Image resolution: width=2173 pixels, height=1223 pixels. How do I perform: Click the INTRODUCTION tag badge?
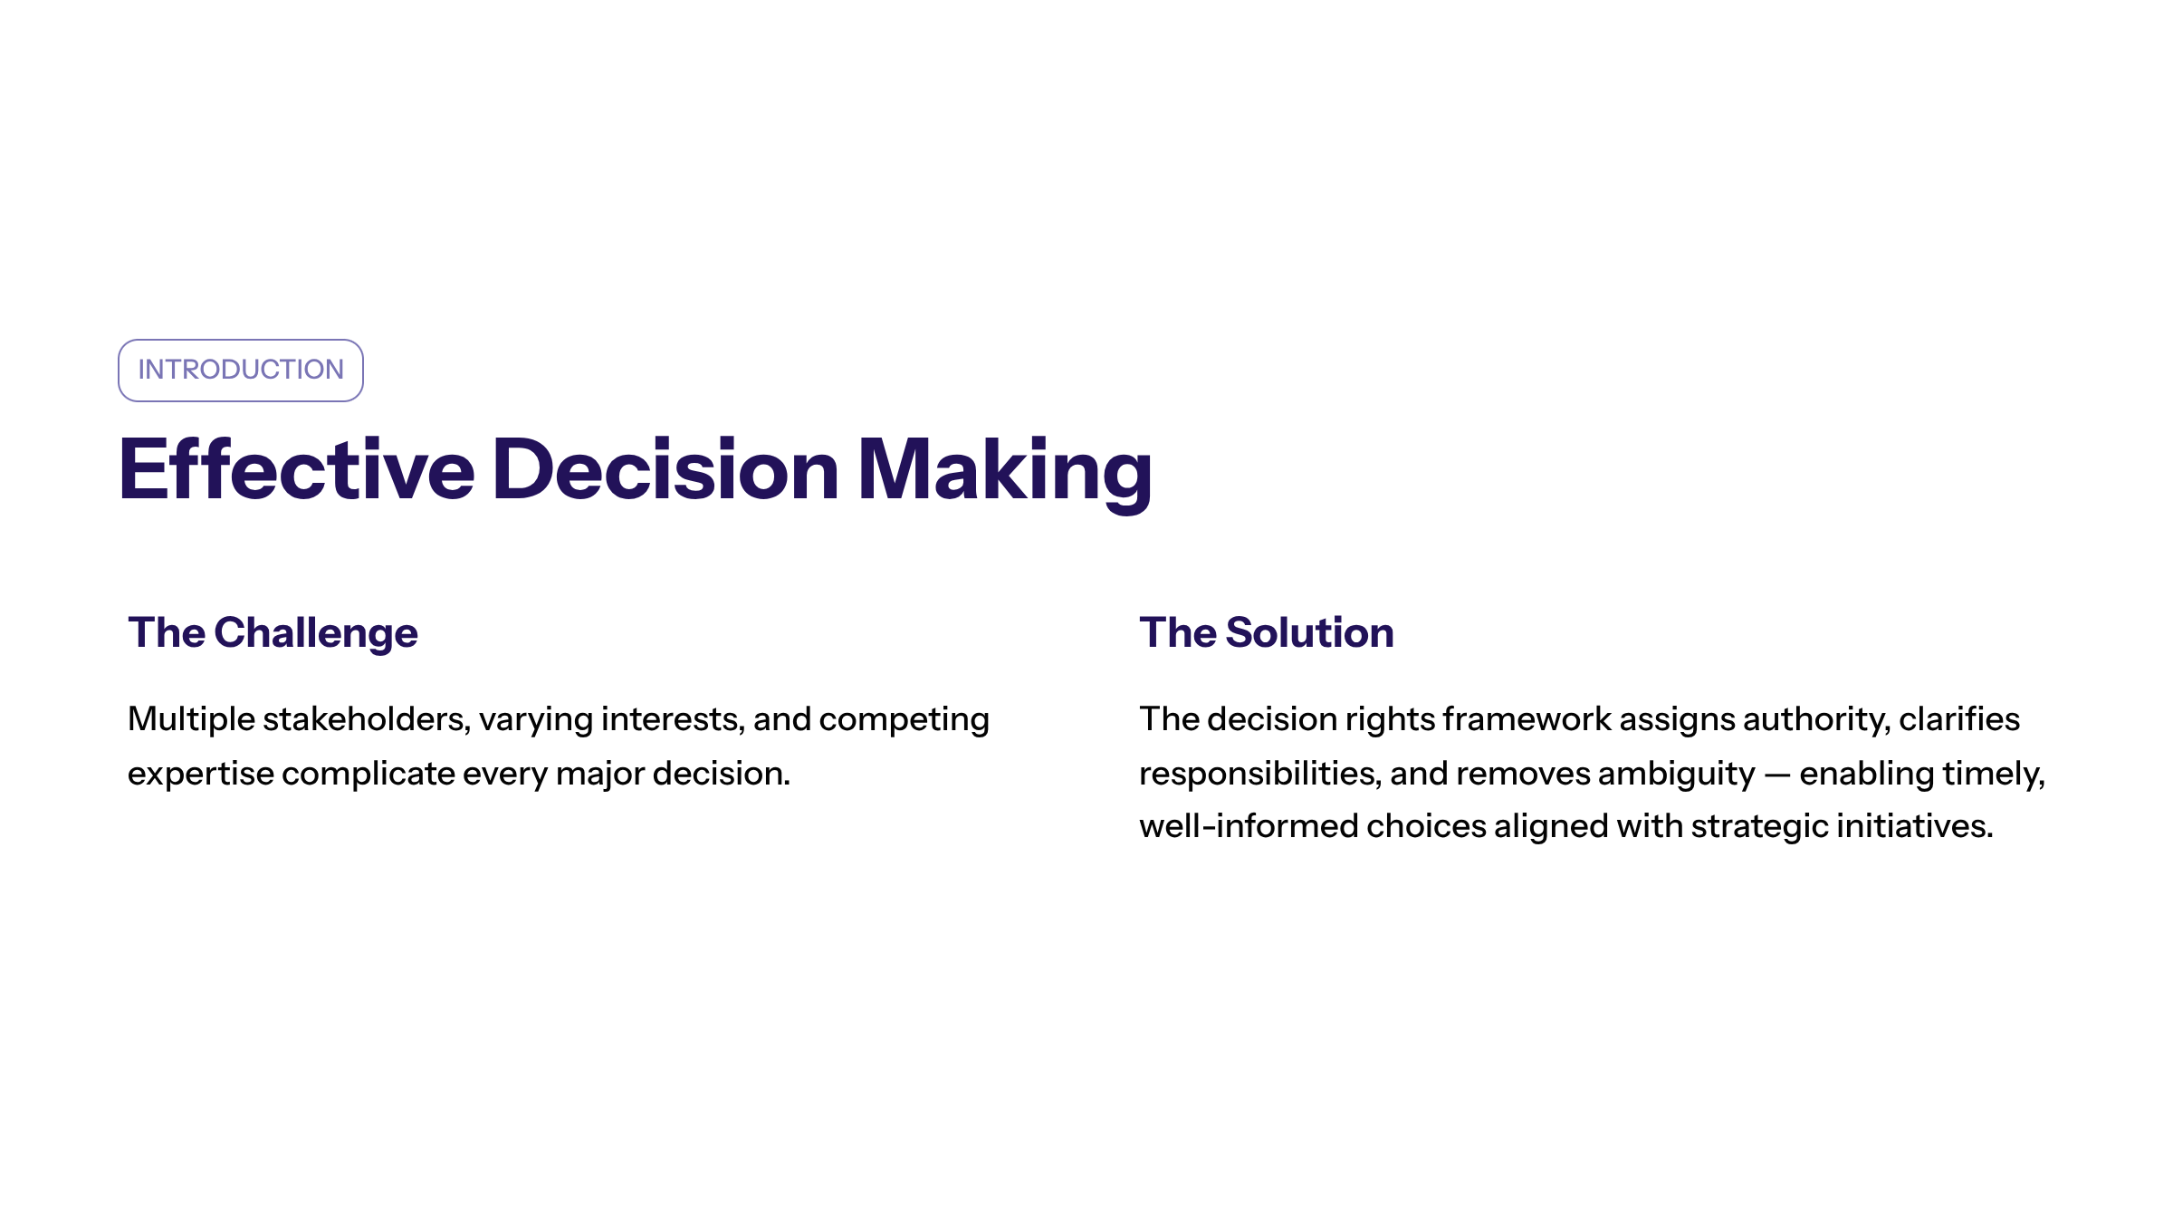pyautogui.click(x=241, y=371)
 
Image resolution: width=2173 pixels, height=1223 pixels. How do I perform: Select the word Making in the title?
pyautogui.click(x=1005, y=474)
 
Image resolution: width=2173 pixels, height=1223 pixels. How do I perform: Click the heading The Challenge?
pyautogui.click(x=273, y=633)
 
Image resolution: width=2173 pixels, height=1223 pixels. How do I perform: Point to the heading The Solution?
pyautogui.click(x=1267, y=632)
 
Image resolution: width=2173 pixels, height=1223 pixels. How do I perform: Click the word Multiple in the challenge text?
pyautogui.click(x=192, y=720)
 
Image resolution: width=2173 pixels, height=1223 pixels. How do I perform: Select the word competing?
pyautogui.click(x=905, y=720)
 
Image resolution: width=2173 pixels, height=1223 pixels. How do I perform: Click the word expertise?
pyautogui.click(x=201, y=775)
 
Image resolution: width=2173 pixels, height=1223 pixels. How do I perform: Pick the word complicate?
pyautogui.click(x=369, y=775)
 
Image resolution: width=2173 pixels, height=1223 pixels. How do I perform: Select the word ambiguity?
pyautogui.click(x=1677, y=775)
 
